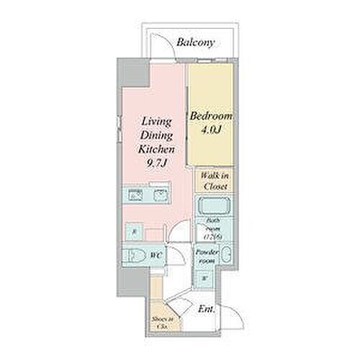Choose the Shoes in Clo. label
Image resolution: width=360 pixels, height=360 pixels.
click(x=161, y=322)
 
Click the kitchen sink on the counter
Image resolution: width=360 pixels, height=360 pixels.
click(x=159, y=194)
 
